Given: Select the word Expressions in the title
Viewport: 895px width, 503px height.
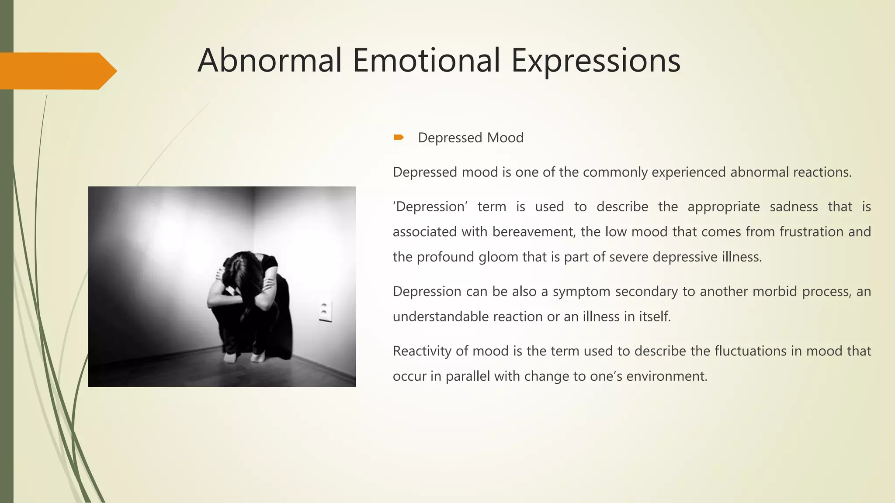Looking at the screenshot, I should coord(596,61).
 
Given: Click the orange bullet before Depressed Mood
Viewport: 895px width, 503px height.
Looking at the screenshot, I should coord(399,138).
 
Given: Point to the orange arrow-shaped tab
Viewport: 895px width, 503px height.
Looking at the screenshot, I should coord(57,71).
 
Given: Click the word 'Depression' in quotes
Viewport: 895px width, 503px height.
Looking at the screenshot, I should coord(430,207).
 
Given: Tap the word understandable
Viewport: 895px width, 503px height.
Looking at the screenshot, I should coord(441,317).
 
